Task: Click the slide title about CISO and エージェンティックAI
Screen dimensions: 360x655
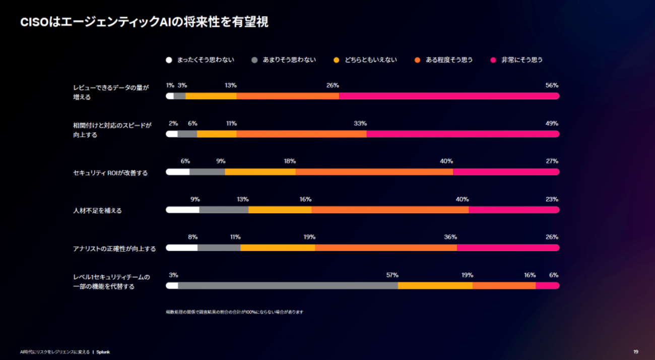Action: pyautogui.click(x=144, y=22)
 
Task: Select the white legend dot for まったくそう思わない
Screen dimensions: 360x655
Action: pyautogui.click(x=169, y=60)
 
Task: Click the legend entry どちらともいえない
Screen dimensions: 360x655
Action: pyautogui.click(x=371, y=60)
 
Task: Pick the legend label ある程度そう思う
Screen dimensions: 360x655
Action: pyautogui.click(x=449, y=60)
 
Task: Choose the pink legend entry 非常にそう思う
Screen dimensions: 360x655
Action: pyautogui.click(x=522, y=60)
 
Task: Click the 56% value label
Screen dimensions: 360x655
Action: pyautogui.click(x=552, y=85)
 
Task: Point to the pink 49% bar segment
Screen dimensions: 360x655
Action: pyautogui.click(x=463, y=134)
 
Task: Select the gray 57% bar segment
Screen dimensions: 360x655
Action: pyautogui.click(x=288, y=286)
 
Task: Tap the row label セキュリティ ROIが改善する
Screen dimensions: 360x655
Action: pyautogui.click(x=110, y=173)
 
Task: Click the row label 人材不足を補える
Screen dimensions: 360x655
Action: pyautogui.click(x=97, y=211)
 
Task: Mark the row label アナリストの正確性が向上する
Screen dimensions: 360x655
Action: pyautogui.click(x=114, y=249)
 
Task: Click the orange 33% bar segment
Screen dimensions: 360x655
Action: pyautogui.click(x=301, y=134)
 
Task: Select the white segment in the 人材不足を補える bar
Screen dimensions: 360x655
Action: pyautogui.click(x=182, y=210)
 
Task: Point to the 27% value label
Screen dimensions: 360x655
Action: pyautogui.click(x=552, y=161)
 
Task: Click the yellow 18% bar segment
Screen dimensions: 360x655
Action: pyautogui.click(x=260, y=172)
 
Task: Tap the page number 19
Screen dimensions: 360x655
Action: pyautogui.click(x=636, y=352)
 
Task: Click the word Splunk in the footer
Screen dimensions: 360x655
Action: pyautogui.click(x=103, y=352)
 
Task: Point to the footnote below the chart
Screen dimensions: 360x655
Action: pyautogui.click(x=234, y=312)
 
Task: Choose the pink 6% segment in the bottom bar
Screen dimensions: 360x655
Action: pyautogui.click(x=547, y=286)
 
